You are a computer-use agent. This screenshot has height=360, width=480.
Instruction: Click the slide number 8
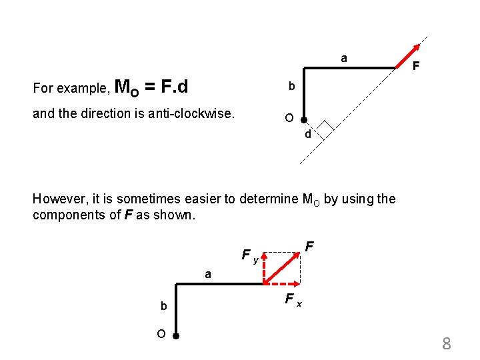(x=447, y=344)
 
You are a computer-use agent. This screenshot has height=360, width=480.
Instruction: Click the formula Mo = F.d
(x=151, y=87)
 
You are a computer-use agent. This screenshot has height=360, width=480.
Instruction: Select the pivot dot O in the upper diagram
(x=303, y=121)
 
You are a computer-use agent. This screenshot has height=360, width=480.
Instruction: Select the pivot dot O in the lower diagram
(x=175, y=335)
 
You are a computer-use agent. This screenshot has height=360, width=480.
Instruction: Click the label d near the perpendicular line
(x=307, y=135)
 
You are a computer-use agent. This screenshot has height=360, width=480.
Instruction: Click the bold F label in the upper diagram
(x=415, y=67)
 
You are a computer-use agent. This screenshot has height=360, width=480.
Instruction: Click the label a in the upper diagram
(x=343, y=59)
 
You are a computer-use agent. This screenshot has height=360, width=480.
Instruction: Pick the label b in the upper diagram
(x=291, y=87)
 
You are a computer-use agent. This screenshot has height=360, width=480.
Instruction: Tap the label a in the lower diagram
(x=208, y=274)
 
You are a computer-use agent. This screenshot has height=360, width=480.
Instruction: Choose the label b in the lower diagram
(x=163, y=306)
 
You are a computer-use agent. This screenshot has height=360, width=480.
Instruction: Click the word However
(x=57, y=199)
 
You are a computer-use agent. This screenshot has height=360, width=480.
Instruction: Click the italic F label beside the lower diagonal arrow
(x=310, y=247)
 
